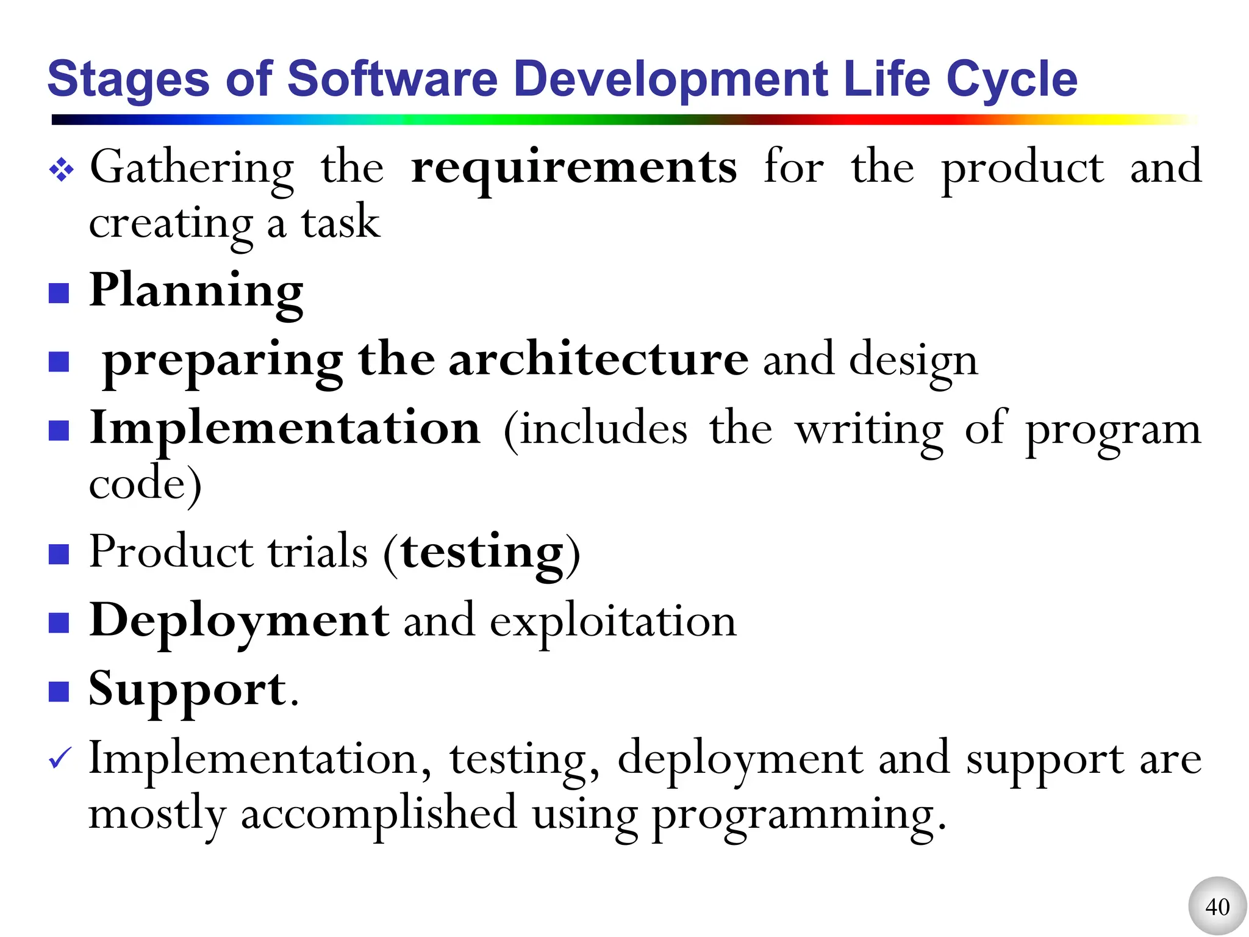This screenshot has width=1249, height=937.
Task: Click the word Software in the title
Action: coord(392,79)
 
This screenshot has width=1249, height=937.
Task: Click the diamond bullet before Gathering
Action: coord(62,170)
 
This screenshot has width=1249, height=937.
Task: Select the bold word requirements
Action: coord(574,168)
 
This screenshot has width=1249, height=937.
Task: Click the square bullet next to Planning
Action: coord(59,293)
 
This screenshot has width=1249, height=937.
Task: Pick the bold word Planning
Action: coord(196,291)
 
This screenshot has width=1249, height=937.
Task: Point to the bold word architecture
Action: coord(598,359)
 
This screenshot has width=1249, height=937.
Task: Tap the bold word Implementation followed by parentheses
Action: coord(285,428)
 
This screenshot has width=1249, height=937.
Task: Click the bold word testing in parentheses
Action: coord(482,553)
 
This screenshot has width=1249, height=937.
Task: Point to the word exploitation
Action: coord(613,622)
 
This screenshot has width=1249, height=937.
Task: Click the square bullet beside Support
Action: coord(59,692)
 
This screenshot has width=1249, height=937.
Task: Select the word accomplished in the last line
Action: coord(379,814)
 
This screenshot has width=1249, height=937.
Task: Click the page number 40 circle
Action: coord(1217,906)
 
